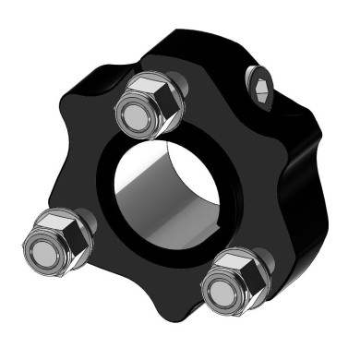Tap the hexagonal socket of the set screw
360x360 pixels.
(x=261, y=90)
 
